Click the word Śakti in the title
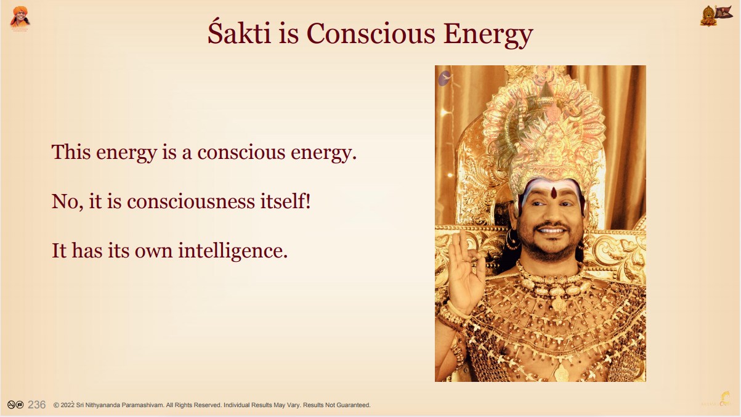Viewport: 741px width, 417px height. pos(239,33)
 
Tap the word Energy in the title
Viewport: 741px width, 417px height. pos(488,34)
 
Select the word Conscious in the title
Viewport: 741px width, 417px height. pos(371,33)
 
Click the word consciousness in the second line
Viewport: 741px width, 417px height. pos(191,201)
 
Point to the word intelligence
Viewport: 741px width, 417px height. pos(233,251)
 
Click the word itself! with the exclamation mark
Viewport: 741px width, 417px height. pos(285,201)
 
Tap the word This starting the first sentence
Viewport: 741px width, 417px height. pos(71,152)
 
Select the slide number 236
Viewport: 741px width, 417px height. pos(37,405)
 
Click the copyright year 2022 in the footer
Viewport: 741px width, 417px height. pos(68,405)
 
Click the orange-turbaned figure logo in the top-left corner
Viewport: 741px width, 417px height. pos(20,18)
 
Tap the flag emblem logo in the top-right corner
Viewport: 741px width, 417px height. pos(716,15)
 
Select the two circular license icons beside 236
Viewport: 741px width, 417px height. pos(15,405)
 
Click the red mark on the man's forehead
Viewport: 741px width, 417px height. pos(554,192)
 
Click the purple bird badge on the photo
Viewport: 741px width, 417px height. pos(445,79)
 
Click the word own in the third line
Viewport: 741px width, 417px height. pos(153,252)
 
